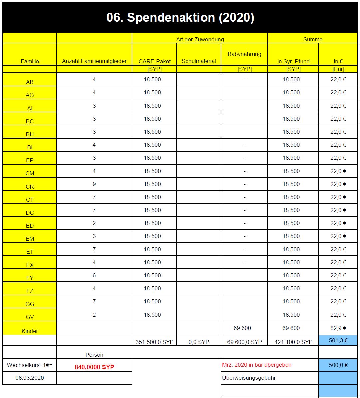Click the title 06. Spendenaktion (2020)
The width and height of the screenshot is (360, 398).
click(x=180, y=17)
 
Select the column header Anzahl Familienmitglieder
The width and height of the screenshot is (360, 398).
click(x=94, y=61)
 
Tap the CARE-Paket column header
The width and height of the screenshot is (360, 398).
click(x=154, y=61)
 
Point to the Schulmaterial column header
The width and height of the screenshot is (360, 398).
click(x=199, y=61)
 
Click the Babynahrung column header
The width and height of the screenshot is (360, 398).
click(x=244, y=54)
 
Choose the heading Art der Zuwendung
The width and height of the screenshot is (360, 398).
click(x=200, y=39)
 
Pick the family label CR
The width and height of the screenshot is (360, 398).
click(x=30, y=187)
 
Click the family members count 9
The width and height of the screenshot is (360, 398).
click(x=94, y=184)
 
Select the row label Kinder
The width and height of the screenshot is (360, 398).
click(x=30, y=331)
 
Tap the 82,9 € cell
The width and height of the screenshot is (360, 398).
click(x=338, y=328)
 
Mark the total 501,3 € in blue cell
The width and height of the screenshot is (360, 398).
click(x=338, y=340)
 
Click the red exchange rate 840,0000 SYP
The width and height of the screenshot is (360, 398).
click(x=94, y=367)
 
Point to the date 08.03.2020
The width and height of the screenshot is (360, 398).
click(x=30, y=378)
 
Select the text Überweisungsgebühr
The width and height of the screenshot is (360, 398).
click(x=249, y=378)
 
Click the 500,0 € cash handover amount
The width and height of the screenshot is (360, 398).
click(x=338, y=365)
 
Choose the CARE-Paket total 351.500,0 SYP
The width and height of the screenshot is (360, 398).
click(x=154, y=342)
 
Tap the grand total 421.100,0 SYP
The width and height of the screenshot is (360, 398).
click(x=293, y=342)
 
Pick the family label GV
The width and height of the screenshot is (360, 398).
click(x=30, y=317)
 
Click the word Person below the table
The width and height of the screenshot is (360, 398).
click(x=94, y=355)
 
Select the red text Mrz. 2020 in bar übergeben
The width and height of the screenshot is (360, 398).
click(x=257, y=365)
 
